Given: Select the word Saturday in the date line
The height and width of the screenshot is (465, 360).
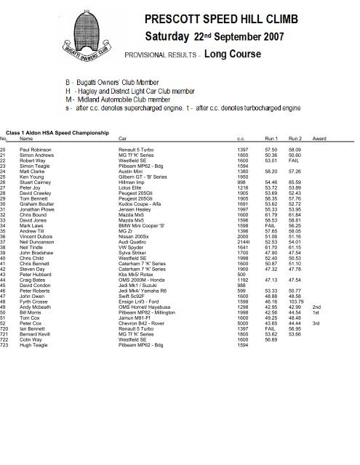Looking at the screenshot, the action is [x=178, y=36].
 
